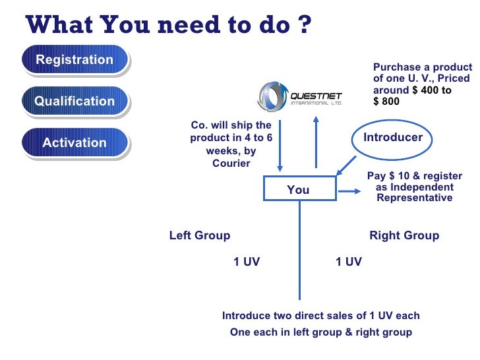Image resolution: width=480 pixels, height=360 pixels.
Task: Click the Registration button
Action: (75, 60)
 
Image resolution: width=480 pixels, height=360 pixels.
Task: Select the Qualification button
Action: (75, 102)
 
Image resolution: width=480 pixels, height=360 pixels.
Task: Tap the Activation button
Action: (75, 143)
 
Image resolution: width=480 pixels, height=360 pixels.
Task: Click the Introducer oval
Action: (393, 138)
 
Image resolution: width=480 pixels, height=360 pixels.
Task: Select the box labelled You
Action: (298, 190)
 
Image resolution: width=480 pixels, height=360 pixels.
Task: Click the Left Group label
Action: (200, 235)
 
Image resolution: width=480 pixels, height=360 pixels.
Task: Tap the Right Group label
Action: (404, 235)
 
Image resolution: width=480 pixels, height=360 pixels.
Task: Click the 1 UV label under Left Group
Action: (247, 262)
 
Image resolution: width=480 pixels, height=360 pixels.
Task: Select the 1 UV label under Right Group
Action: (348, 262)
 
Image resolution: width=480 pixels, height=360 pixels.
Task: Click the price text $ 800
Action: (386, 102)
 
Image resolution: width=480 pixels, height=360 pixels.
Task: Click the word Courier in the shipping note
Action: (231, 163)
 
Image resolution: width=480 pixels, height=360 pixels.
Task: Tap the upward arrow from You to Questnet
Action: (316, 142)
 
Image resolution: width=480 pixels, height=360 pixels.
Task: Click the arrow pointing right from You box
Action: (349, 192)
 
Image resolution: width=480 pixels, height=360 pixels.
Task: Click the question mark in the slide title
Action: (303, 25)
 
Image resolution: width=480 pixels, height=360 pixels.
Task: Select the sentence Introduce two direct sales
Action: (320, 316)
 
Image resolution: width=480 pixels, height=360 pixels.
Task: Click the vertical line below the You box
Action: (300, 251)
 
